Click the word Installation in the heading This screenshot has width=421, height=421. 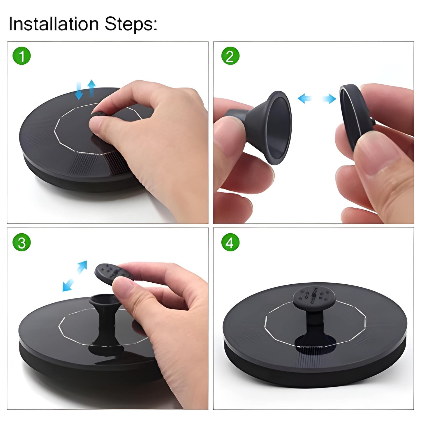click(x=54, y=24)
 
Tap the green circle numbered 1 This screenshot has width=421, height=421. click(x=22, y=56)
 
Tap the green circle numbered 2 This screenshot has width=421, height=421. click(x=230, y=56)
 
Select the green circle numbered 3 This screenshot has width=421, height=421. click(x=22, y=242)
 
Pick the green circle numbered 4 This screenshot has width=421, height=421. click(x=230, y=242)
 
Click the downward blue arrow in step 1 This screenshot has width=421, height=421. click(x=79, y=91)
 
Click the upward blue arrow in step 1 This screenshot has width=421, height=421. click(x=91, y=88)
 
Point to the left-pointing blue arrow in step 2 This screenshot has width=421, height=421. click(x=305, y=98)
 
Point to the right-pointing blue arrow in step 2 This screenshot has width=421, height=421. click(x=329, y=99)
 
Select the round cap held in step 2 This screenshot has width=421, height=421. click(x=355, y=116)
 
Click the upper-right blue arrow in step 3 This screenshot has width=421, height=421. click(x=82, y=267)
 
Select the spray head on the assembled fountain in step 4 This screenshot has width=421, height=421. click(x=314, y=297)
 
